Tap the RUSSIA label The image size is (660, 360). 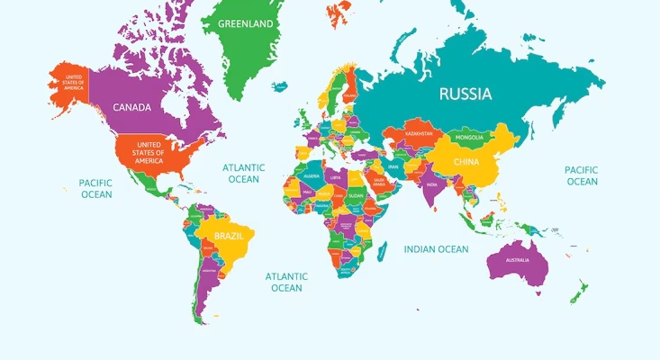point(465,94)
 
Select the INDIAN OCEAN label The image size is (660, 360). point(436,249)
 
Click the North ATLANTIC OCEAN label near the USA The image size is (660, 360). point(243,173)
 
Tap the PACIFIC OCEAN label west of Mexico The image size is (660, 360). point(96,188)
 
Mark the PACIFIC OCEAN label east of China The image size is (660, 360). point(581,175)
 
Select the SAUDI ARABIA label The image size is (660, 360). point(380,180)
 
